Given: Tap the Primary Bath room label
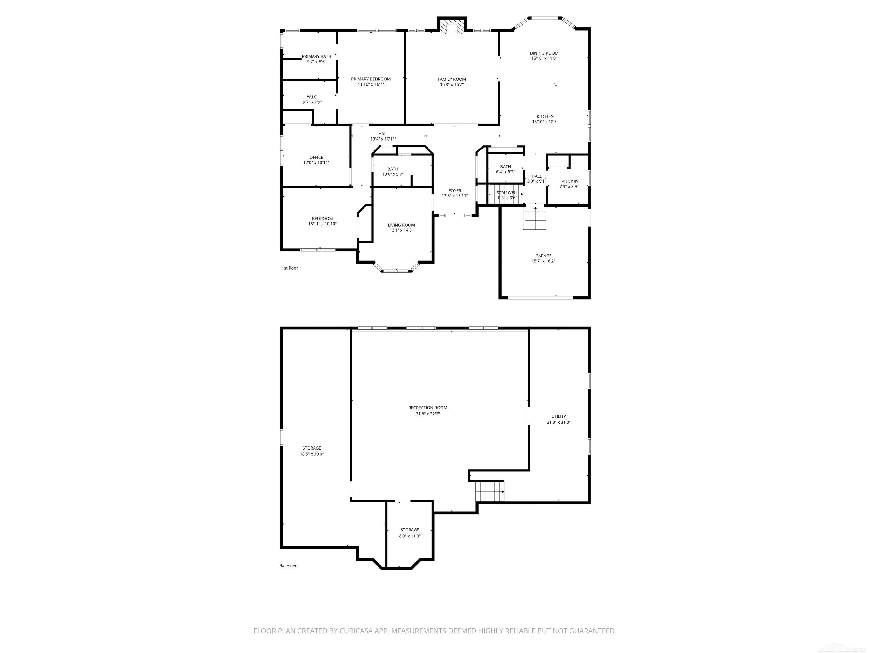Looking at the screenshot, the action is click(317, 57).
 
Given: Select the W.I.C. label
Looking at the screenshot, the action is click(312, 97).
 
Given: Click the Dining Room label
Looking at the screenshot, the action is click(544, 53).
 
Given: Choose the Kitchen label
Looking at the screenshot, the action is click(545, 116).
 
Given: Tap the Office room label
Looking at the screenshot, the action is click(316, 158).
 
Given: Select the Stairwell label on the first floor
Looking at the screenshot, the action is click(507, 192).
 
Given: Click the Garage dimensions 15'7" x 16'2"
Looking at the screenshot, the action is click(543, 261).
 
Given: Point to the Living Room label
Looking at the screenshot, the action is click(401, 225).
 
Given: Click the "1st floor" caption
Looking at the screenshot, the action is click(290, 268).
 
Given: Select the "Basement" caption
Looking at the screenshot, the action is click(289, 566).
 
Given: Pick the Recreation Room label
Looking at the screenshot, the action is click(428, 408).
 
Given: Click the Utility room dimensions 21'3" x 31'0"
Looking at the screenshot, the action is click(558, 422).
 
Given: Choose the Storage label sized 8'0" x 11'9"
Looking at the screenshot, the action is click(410, 530).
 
